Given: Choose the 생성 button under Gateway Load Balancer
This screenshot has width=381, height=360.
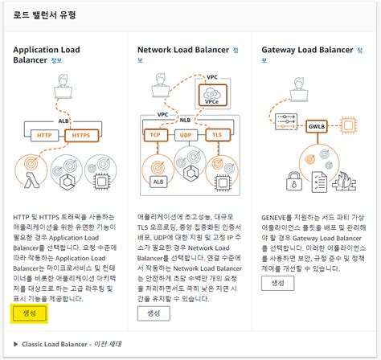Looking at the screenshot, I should click(278, 284).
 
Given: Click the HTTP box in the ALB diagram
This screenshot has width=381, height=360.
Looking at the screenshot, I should click(45, 136).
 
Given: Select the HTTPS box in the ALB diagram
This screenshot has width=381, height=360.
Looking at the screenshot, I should click(80, 136).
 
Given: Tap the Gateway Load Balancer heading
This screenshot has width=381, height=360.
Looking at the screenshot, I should click(305, 50).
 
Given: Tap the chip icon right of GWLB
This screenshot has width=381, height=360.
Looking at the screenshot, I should click(348, 126).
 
